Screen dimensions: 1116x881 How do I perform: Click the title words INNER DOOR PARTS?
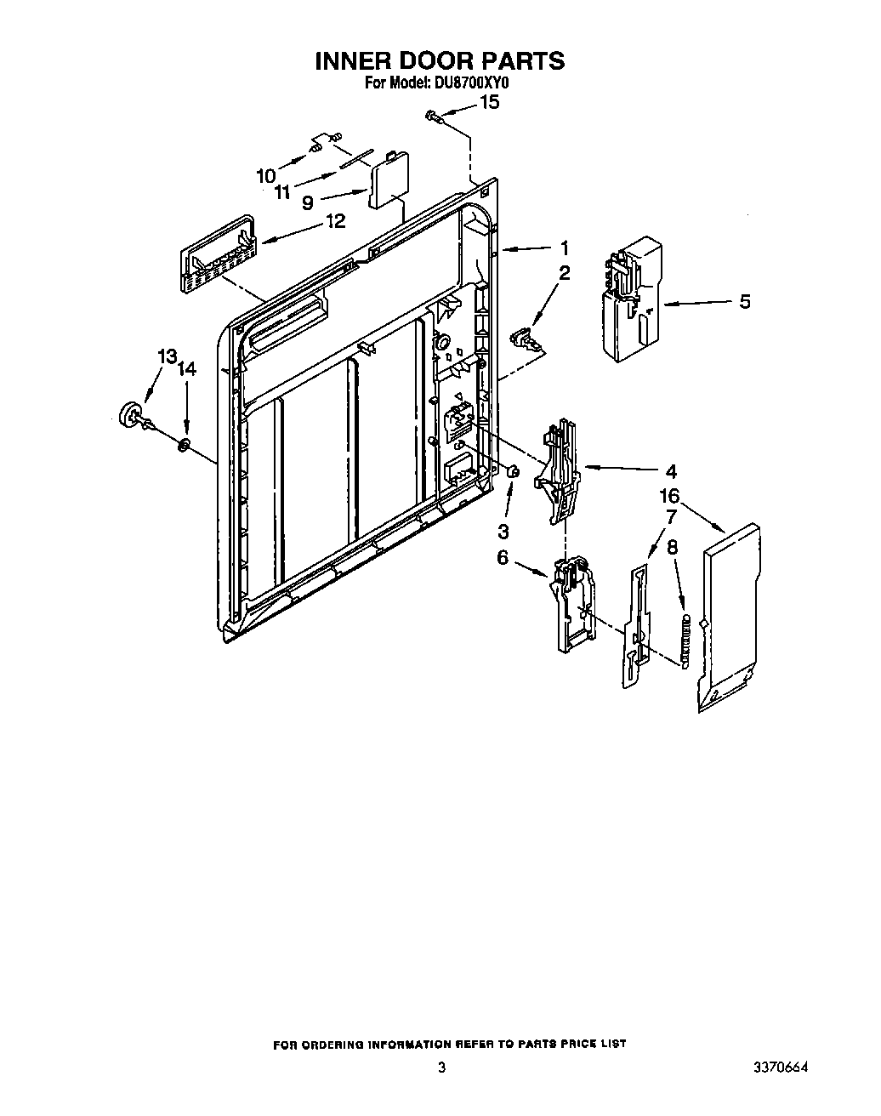click(x=440, y=61)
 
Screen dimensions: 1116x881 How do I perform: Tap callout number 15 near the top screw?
click(x=490, y=103)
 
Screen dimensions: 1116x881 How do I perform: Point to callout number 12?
click(x=335, y=221)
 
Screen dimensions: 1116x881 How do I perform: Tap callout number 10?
click(x=266, y=176)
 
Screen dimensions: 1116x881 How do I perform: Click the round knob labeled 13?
click(x=132, y=413)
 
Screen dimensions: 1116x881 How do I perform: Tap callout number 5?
click(x=745, y=301)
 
